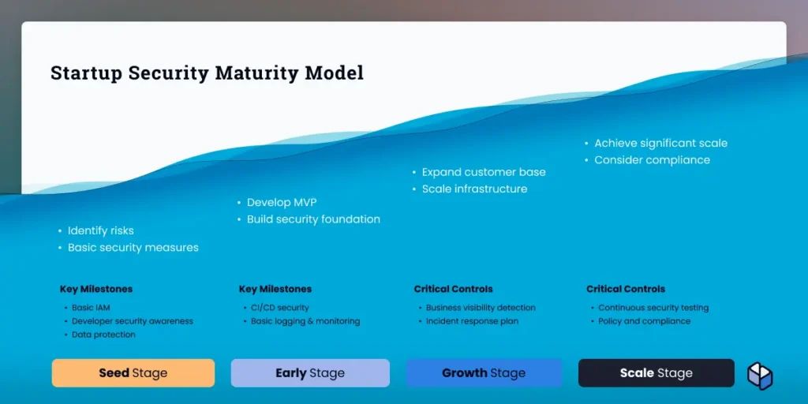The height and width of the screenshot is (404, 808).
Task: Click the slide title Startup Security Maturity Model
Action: (x=208, y=73)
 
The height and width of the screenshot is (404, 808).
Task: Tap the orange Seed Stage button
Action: (x=133, y=373)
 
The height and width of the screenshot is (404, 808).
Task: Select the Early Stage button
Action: (x=310, y=373)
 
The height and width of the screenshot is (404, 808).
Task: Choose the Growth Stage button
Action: (x=484, y=373)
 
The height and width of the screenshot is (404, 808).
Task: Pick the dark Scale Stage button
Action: (x=656, y=373)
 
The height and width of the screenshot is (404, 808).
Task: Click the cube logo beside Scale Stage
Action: (x=760, y=376)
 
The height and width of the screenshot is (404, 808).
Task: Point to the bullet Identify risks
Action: (x=100, y=231)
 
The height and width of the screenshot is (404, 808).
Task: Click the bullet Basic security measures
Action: (x=133, y=247)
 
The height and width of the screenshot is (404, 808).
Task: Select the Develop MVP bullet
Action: (x=282, y=203)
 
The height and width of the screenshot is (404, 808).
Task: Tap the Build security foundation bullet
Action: (x=313, y=219)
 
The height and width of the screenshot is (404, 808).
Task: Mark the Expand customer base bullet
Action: (x=484, y=172)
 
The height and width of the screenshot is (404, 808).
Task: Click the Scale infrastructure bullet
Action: (x=474, y=189)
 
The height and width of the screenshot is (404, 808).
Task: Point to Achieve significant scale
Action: (x=661, y=144)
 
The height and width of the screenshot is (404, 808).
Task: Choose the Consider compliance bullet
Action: (x=653, y=159)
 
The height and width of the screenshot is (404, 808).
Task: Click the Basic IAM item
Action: (x=91, y=308)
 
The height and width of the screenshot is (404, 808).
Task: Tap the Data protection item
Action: (x=103, y=335)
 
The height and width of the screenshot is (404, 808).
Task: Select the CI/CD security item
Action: (x=280, y=308)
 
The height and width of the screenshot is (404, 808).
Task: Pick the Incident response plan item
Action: (x=472, y=321)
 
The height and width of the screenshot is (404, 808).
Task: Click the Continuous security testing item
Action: (x=653, y=308)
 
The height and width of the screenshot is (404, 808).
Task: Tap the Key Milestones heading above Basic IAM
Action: (x=96, y=289)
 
